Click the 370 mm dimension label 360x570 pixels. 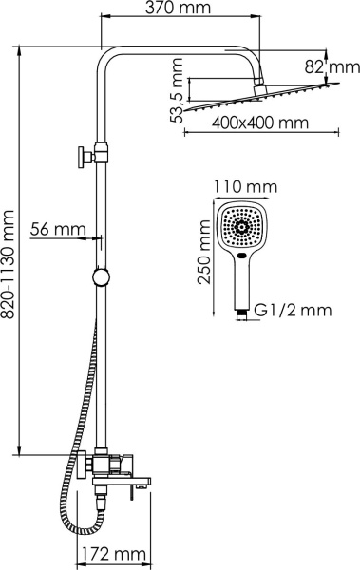point(179,9)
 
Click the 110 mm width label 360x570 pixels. point(241,186)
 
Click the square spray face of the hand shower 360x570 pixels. point(241,227)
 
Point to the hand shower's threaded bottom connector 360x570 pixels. point(242,309)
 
